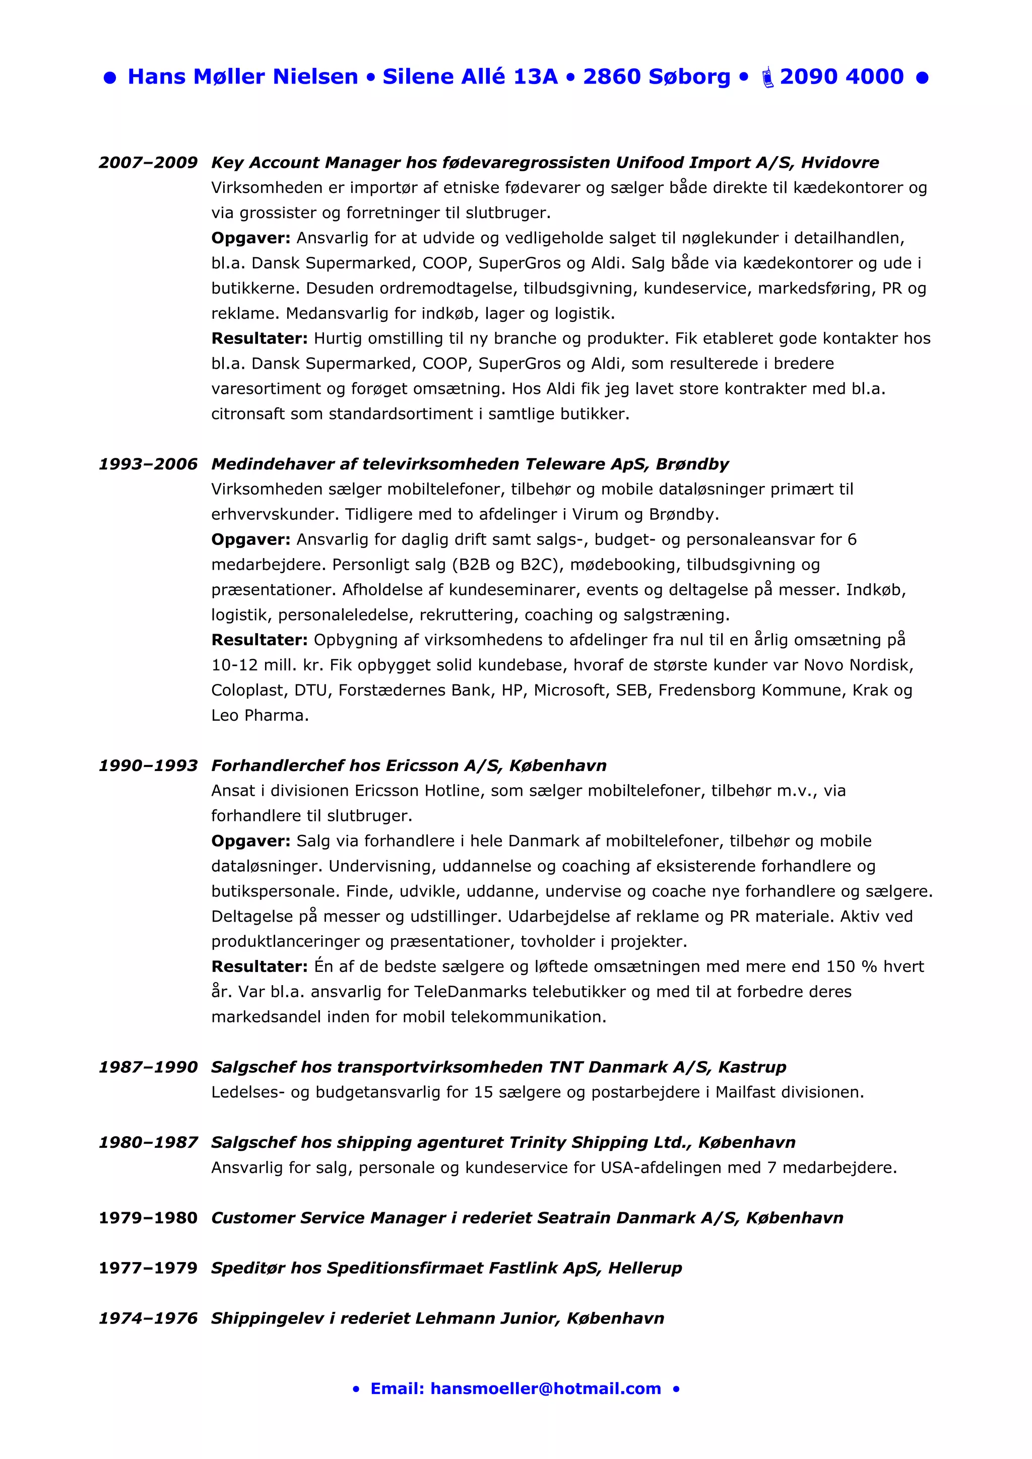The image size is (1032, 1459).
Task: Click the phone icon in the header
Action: coord(767,77)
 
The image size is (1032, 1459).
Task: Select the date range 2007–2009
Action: coord(148,163)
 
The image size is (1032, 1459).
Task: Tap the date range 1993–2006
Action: coord(148,464)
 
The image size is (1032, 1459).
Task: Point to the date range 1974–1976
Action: coord(148,1318)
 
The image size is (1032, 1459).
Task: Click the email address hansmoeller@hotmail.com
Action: coord(546,1388)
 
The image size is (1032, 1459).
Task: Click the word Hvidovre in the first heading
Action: coord(840,163)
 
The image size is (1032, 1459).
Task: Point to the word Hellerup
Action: coord(645,1268)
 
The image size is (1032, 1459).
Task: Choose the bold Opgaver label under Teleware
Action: coord(250,539)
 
